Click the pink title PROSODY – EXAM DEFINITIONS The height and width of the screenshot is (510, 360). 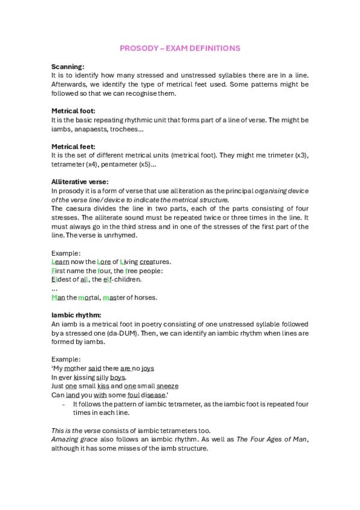(x=180, y=48)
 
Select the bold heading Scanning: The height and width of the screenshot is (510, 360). (x=67, y=66)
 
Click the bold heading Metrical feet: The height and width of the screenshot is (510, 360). (x=73, y=146)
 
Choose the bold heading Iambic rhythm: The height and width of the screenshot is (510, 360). (x=76, y=315)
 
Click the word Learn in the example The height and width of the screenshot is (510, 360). (x=60, y=262)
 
